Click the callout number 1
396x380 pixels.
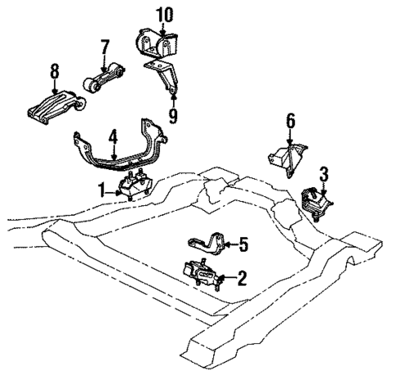pos(102,190)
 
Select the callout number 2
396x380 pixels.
pos(241,279)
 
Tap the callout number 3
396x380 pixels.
pos(323,173)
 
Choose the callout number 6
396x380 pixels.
pos(289,121)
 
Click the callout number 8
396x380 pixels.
pos(56,73)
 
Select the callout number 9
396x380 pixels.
pos(172,115)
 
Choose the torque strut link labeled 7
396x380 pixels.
pos(105,80)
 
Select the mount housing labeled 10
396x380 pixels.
pos(155,41)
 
